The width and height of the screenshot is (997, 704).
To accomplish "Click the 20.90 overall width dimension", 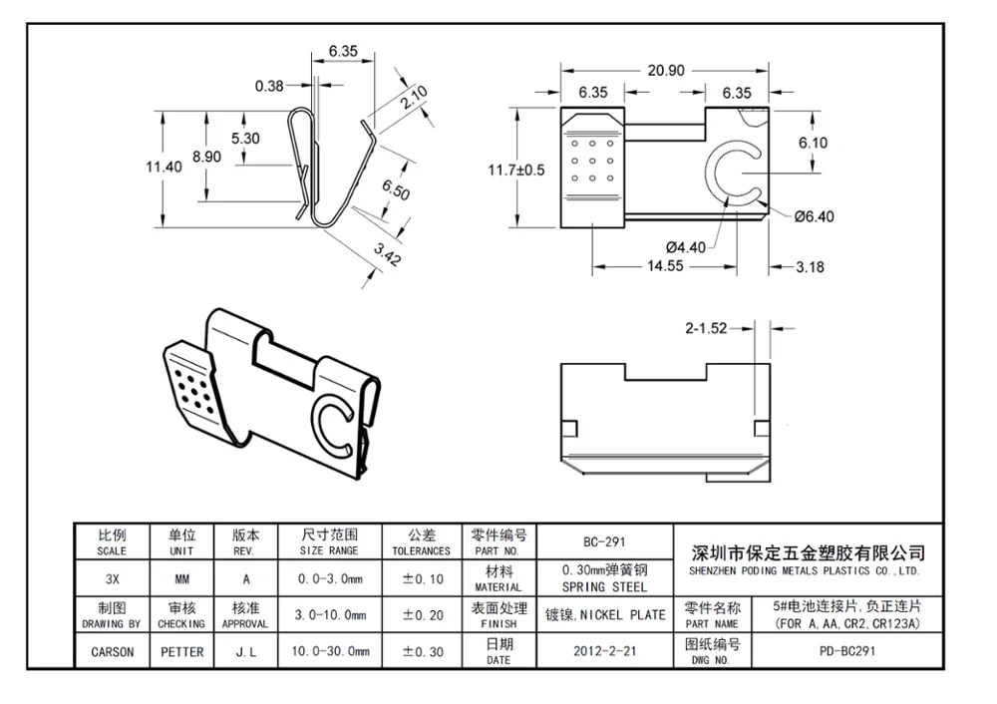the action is (666, 70).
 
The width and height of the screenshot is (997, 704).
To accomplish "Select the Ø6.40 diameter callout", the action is (814, 216).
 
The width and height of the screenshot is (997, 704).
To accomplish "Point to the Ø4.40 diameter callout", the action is (686, 247).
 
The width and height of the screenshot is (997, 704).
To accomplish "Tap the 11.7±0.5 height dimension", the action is (516, 170).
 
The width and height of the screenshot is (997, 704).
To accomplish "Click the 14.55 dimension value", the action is (665, 266).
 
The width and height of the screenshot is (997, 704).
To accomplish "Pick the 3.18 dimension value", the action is (810, 267).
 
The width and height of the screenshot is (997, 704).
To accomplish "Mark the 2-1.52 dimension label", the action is (706, 328).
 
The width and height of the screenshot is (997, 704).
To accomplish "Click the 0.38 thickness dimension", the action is (269, 86).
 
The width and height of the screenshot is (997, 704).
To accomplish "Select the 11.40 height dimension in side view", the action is (164, 167).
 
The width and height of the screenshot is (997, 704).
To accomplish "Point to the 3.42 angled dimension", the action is (387, 254).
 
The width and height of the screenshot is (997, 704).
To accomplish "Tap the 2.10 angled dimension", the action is (414, 98).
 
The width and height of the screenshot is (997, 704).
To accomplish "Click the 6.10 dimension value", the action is (814, 143).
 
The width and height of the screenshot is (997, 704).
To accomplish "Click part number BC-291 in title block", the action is (604, 541).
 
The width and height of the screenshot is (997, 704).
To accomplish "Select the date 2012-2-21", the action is (605, 651).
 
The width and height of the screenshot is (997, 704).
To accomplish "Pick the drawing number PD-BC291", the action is (846, 651).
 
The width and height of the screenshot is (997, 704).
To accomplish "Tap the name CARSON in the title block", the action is (113, 652).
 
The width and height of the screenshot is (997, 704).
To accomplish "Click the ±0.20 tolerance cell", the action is (423, 615).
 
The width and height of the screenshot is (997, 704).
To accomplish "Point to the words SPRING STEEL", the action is (604, 587).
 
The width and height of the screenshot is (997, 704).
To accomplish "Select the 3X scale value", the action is (112, 579).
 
